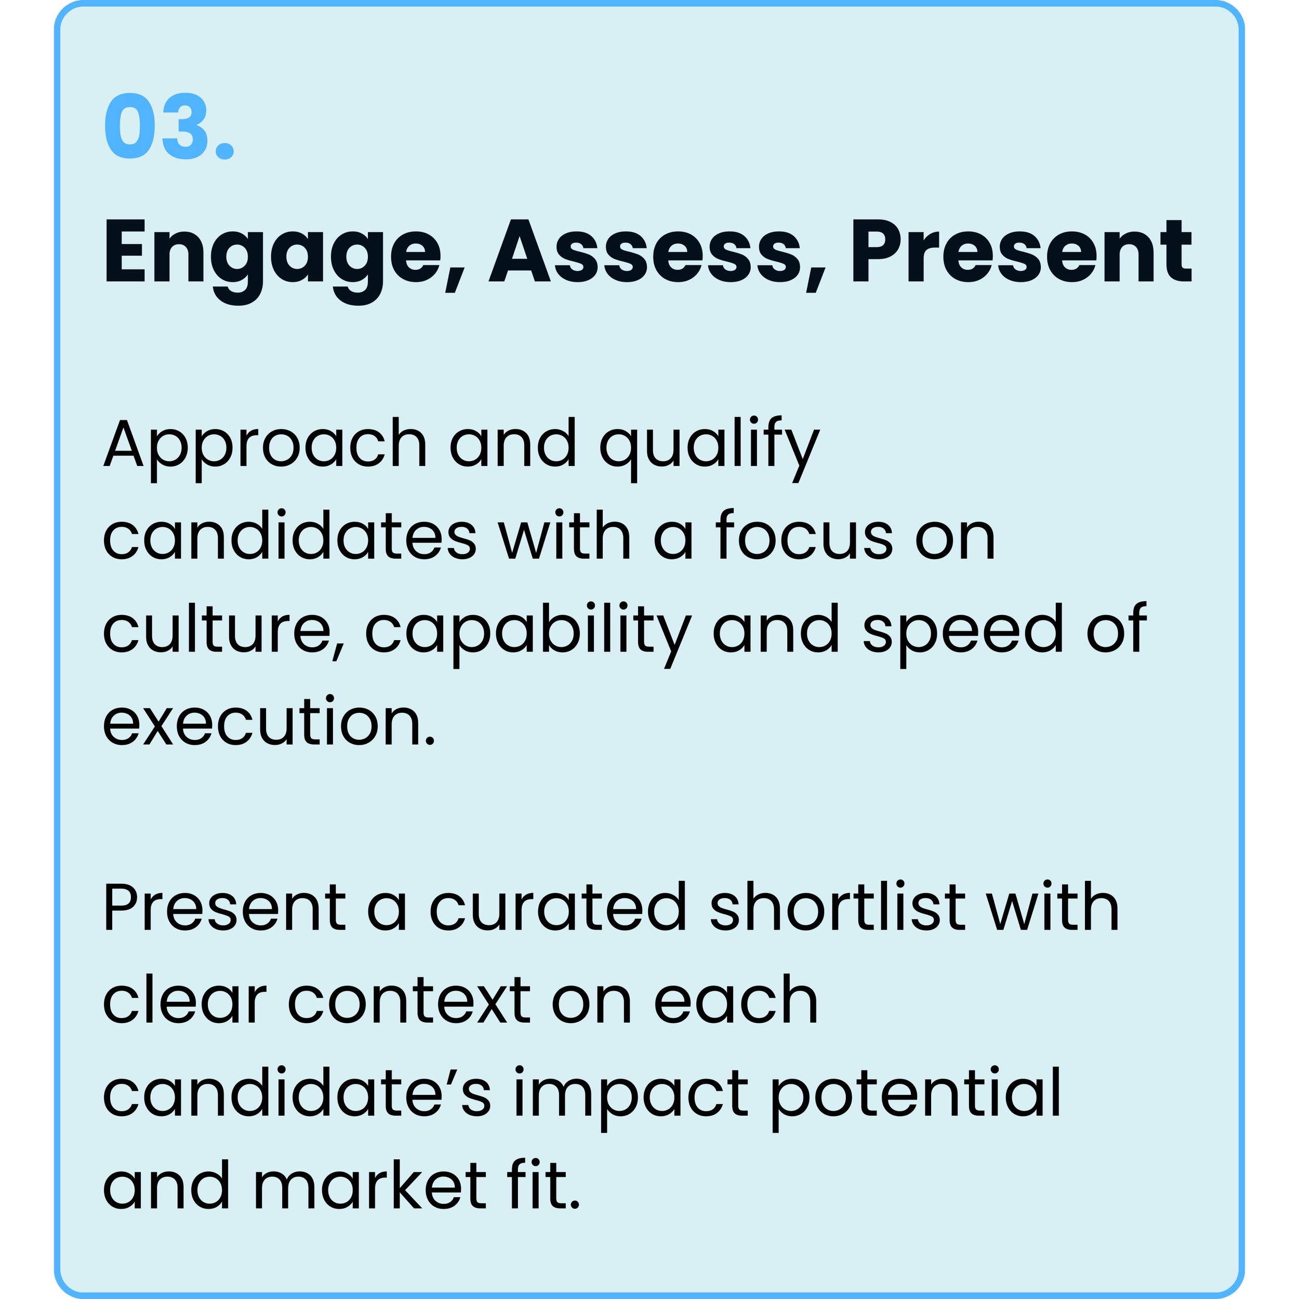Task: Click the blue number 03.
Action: (x=168, y=126)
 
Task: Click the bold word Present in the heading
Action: (x=1020, y=254)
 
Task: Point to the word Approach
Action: (x=265, y=445)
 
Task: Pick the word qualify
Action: (x=709, y=445)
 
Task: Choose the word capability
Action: (x=528, y=629)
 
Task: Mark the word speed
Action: (x=962, y=629)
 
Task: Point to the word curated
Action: (x=558, y=908)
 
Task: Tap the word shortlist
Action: (x=837, y=908)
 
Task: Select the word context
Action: (x=409, y=1000)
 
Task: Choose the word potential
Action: (x=914, y=1093)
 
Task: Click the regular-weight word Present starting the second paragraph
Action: (x=224, y=908)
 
